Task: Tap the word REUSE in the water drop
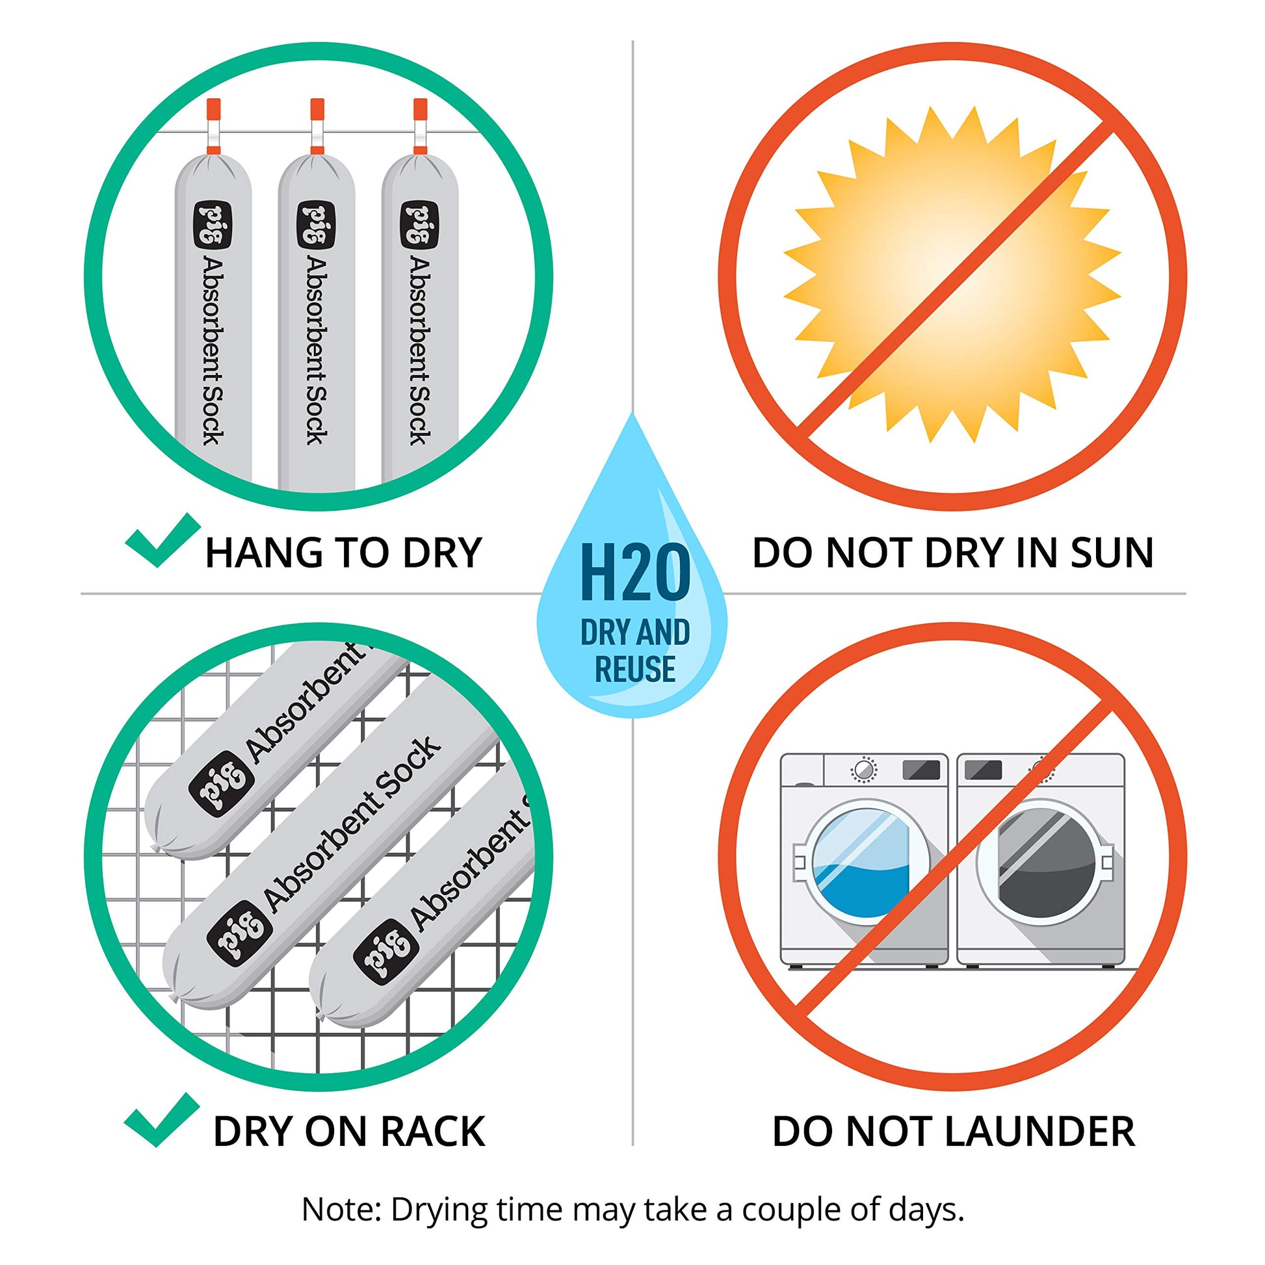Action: pos(635,669)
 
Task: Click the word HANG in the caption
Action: pos(264,553)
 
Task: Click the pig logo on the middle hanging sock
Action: pos(316,225)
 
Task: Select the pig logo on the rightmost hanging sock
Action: pos(419,225)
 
